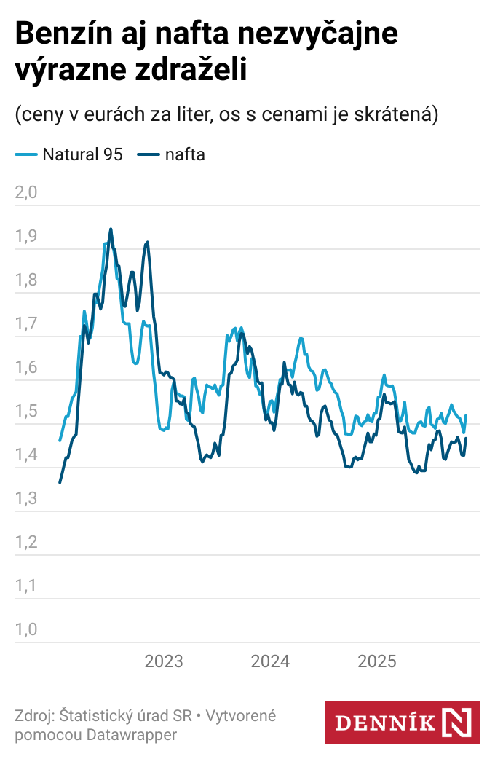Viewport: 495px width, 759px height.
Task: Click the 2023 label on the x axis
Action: (x=164, y=661)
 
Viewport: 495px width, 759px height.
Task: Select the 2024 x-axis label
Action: (x=270, y=661)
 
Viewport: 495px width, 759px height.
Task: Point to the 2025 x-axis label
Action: (x=376, y=661)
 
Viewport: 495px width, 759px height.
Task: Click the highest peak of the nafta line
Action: (x=111, y=229)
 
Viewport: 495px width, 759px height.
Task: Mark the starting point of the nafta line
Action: (x=60, y=482)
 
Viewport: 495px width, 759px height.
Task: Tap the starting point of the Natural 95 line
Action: (x=60, y=441)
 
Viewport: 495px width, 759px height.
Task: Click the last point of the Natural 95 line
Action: (x=466, y=416)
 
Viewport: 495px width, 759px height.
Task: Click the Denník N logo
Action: (x=402, y=723)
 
